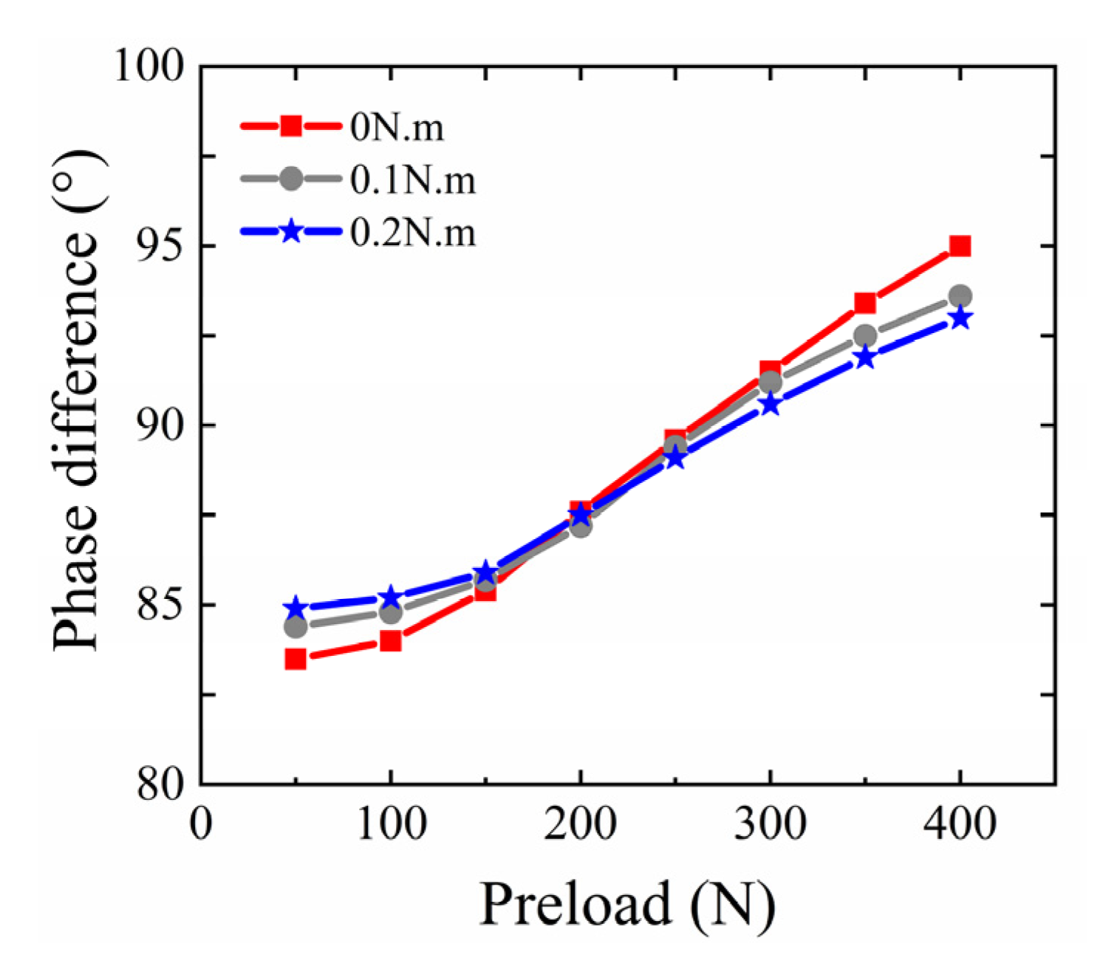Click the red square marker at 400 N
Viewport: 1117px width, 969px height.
click(960, 246)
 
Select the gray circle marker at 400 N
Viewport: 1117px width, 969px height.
click(960, 296)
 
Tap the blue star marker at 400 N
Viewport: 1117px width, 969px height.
click(960, 318)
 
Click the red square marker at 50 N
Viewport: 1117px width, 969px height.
click(296, 659)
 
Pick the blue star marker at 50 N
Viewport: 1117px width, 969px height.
click(296, 609)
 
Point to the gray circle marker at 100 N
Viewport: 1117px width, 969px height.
click(390, 612)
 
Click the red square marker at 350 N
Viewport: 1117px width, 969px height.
click(865, 303)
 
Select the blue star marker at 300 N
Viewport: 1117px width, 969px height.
click(771, 404)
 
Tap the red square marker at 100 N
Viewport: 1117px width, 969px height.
click(390, 640)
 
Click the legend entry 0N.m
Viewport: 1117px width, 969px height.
click(397, 128)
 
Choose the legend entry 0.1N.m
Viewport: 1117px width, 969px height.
click(412, 180)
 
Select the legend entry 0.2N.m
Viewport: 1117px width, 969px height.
click(412, 233)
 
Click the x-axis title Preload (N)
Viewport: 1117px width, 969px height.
click(627, 904)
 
